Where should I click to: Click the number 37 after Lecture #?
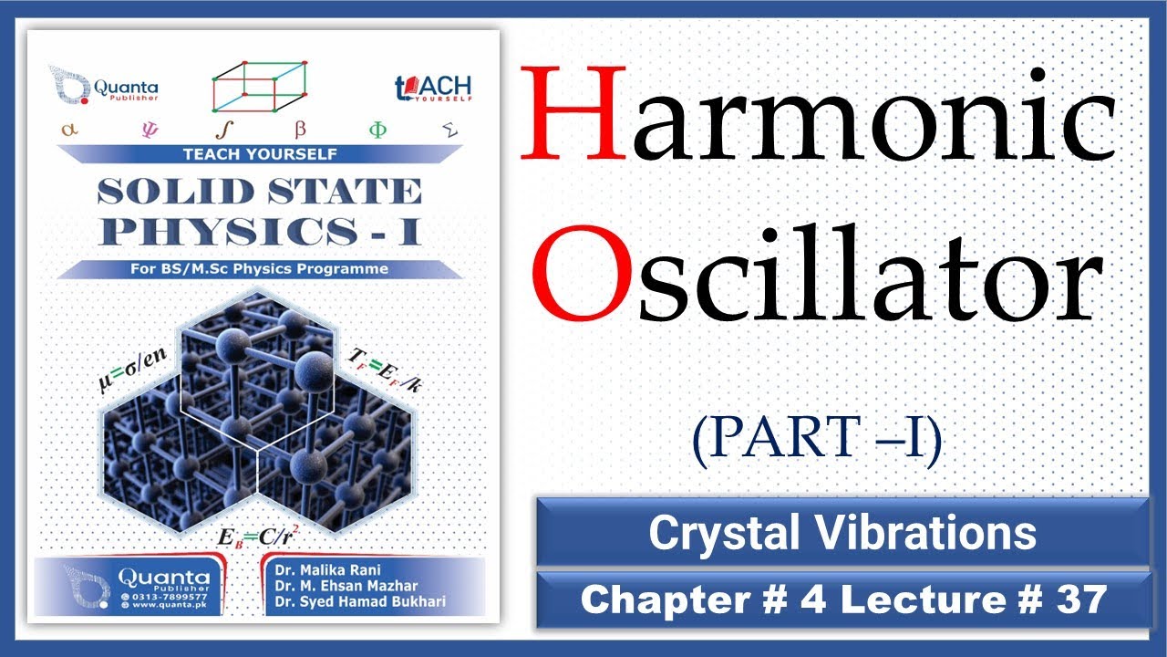click(x=1079, y=600)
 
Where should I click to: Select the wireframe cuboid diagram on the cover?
click(x=259, y=87)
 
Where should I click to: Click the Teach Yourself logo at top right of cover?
click(x=433, y=89)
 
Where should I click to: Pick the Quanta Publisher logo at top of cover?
click(x=91, y=85)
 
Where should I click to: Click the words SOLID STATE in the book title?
click(x=259, y=192)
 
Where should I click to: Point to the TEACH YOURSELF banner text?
click(x=260, y=153)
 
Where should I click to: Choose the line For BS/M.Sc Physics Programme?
click(x=260, y=268)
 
